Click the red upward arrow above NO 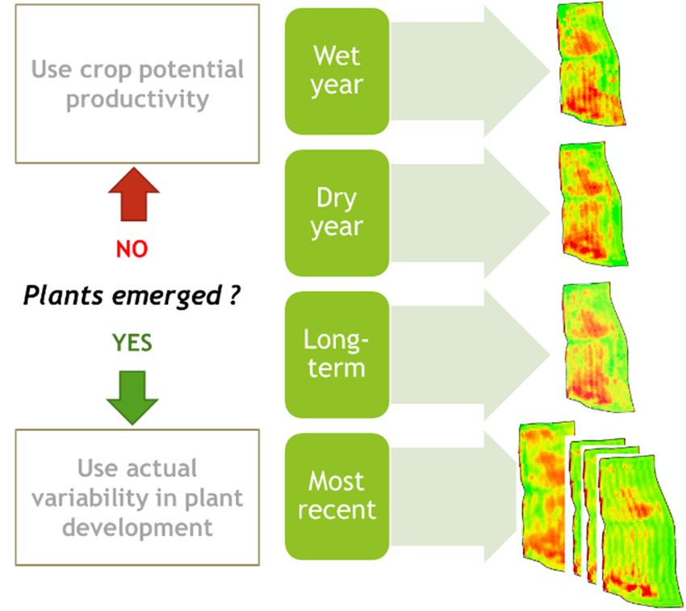point(134,194)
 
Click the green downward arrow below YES point(132,397)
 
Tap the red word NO point(132,249)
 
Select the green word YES point(132,342)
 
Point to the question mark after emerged point(234,294)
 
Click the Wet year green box point(337,71)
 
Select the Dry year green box point(337,213)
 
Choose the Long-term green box point(337,354)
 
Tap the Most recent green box point(337,496)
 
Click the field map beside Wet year point(591,64)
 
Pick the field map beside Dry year point(593,204)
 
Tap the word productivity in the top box point(137,99)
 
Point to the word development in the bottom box point(137,528)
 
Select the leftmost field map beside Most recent point(546,496)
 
